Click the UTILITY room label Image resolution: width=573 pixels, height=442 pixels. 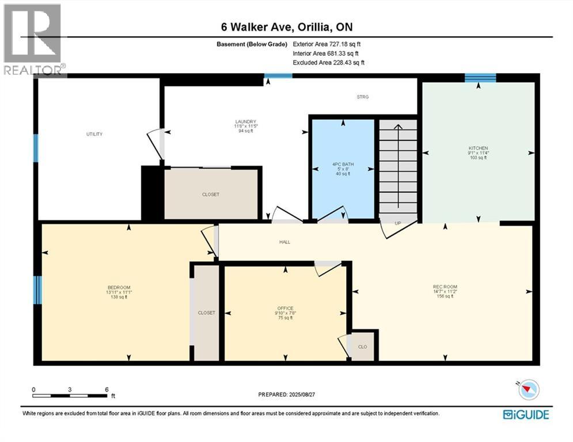94,134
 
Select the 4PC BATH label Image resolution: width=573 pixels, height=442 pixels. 344,165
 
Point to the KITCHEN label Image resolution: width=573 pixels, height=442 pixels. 477,148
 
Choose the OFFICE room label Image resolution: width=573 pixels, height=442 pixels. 285,308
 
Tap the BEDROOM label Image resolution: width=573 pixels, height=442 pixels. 119,288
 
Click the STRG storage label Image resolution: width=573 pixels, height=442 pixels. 362,97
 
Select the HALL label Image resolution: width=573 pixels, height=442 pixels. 284,242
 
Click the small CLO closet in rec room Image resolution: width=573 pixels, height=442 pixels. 363,347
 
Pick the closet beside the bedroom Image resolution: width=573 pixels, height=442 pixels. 206,313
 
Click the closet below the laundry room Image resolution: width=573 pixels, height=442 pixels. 210,195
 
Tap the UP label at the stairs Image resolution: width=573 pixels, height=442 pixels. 397,223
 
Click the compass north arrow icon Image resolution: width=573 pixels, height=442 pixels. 528,390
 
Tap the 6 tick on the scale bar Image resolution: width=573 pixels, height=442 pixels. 107,390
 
